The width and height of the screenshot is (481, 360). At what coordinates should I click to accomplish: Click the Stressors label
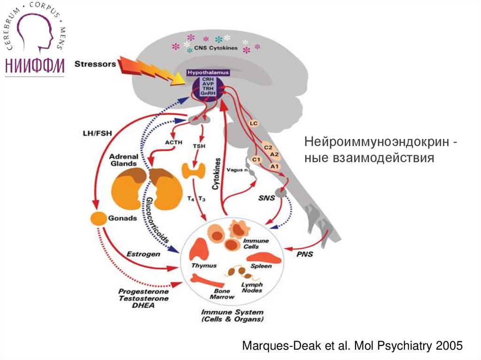point(95,64)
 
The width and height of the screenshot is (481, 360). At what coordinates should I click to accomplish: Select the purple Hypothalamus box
point(209,84)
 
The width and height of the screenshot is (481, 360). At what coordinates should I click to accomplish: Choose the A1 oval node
point(275,165)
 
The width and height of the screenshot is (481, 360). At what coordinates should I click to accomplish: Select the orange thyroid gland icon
point(193,171)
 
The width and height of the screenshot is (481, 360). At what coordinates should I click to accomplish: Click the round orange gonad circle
point(99,218)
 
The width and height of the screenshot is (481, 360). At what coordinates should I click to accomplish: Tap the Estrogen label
point(143,254)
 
